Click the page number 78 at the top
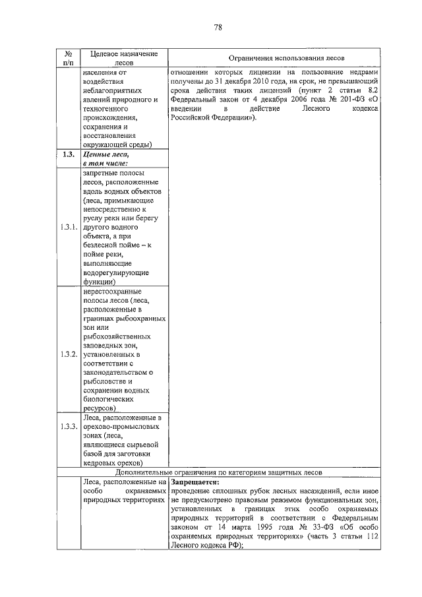217,27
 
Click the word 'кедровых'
100,464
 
